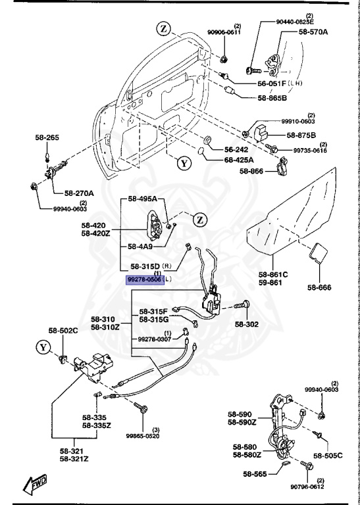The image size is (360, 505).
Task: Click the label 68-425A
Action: click(240, 160)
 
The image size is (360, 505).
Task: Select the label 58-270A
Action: click(79, 193)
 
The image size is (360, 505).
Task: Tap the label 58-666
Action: click(321, 287)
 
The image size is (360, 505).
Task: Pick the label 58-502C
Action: click(63, 330)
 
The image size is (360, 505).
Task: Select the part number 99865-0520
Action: click(143, 435)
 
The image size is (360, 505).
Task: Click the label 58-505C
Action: click(327, 455)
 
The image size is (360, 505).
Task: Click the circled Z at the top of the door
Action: click(164, 28)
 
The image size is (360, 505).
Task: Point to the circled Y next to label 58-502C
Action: click(44, 346)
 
